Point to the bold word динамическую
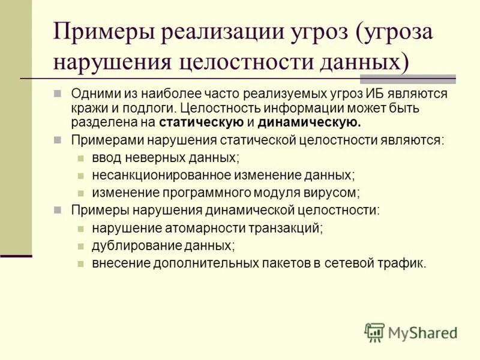pos(310,123)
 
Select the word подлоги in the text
pos(142,109)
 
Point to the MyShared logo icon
pos(374,332)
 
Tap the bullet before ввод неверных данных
pos(80,158)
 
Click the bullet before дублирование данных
pos(80,246)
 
